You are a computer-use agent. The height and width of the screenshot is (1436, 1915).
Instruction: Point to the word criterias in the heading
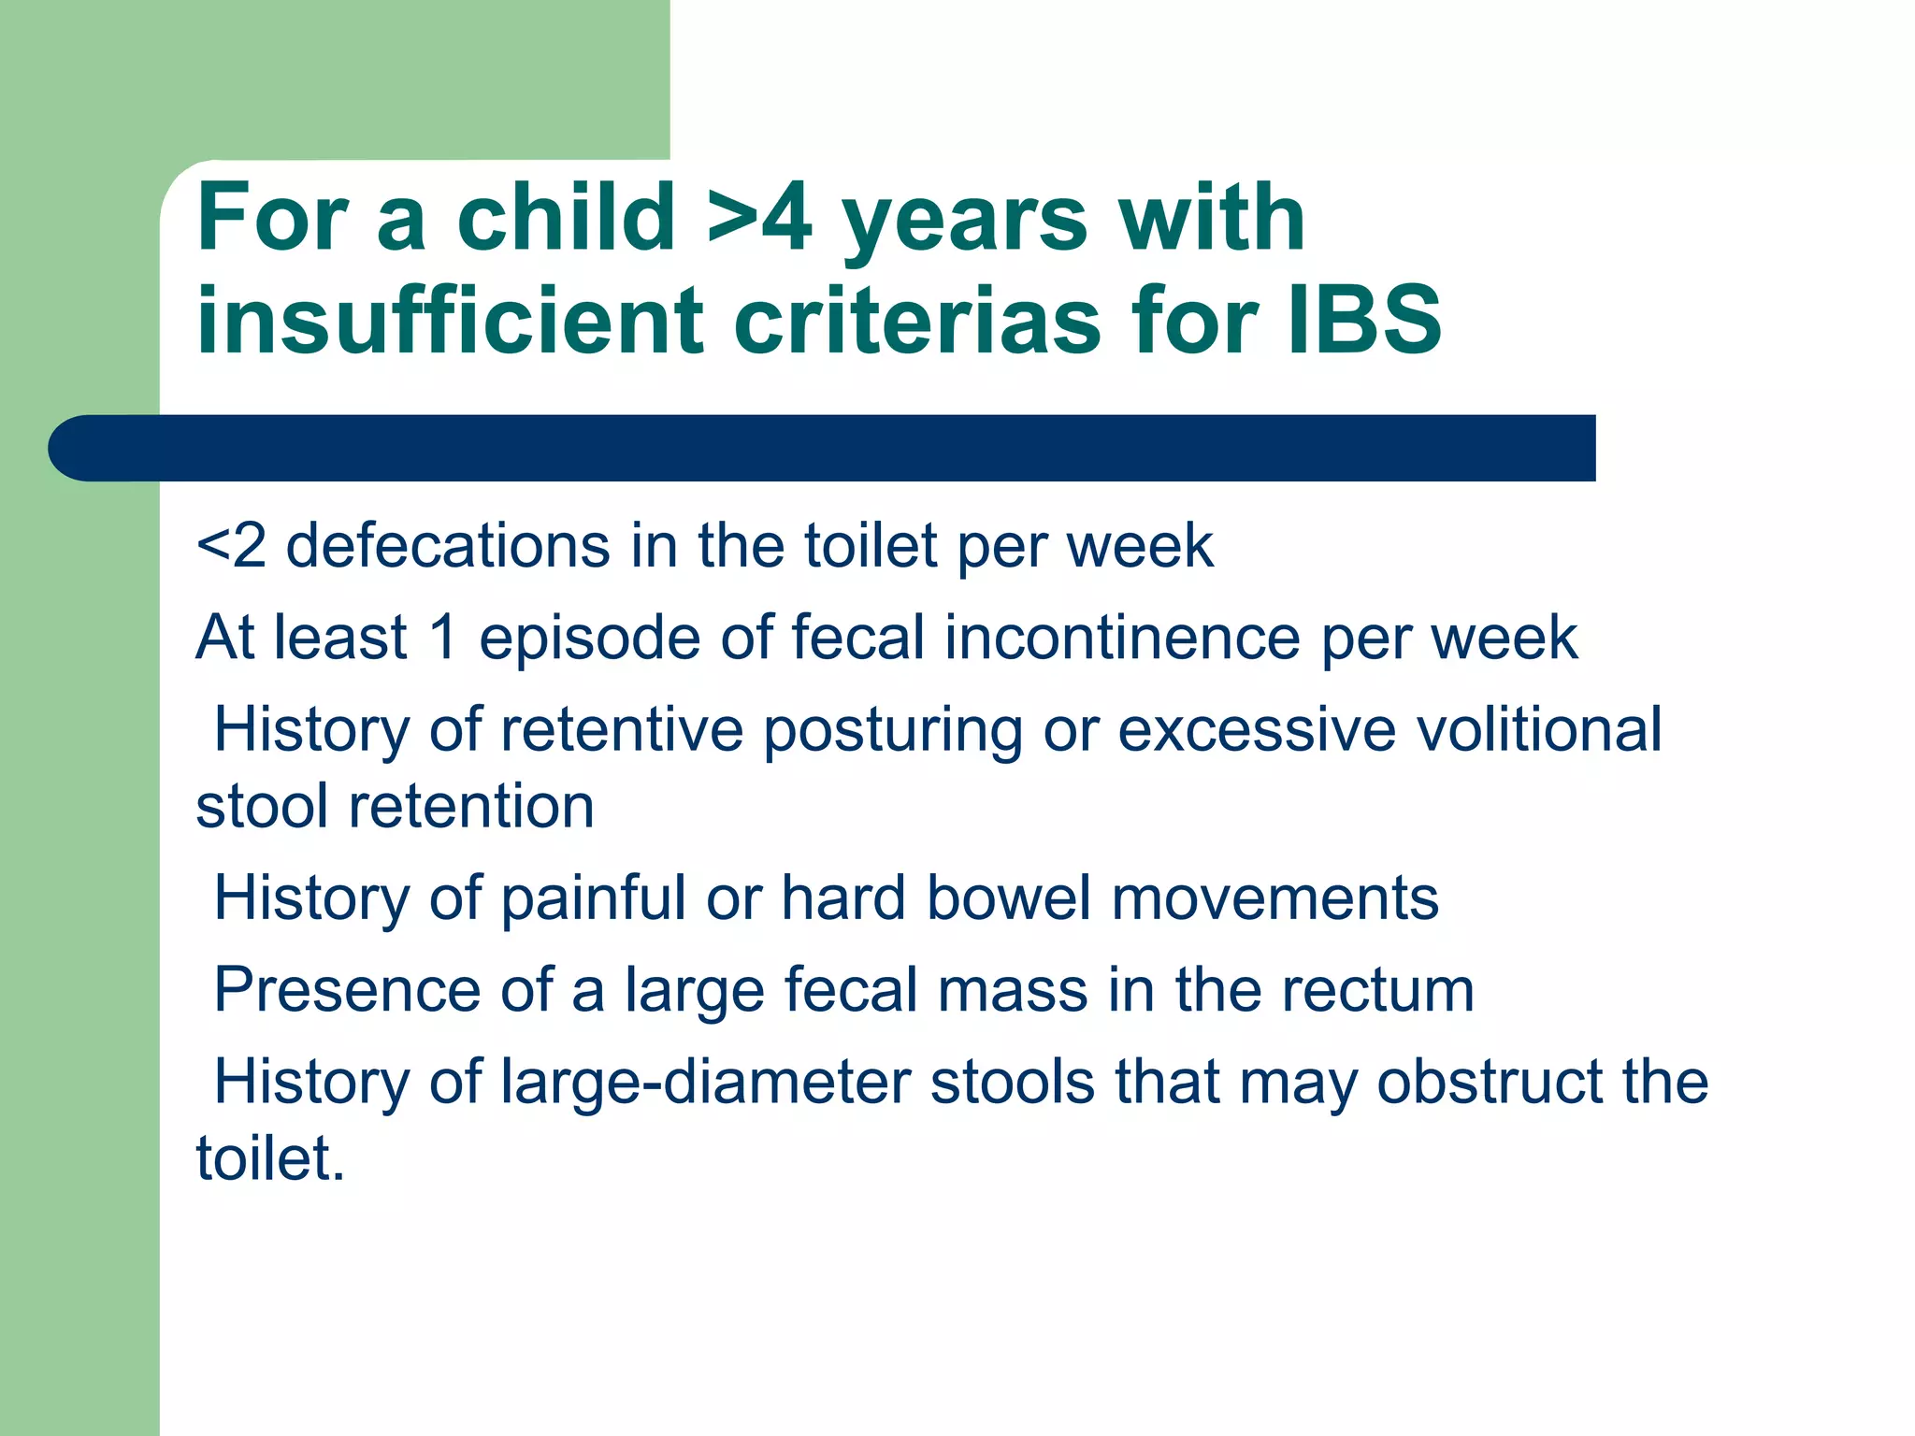click(917, 321)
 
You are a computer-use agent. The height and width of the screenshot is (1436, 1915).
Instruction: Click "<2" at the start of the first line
click(231, 546)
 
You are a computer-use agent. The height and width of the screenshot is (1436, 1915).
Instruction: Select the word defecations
click(448, 546)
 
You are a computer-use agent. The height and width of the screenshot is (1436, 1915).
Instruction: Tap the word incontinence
click(1122, 638)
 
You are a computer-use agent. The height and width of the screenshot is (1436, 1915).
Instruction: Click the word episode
click(589, 638)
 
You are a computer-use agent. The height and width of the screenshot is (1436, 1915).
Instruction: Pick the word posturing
click(893, 730)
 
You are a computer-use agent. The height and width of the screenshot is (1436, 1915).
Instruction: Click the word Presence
click(347, 989)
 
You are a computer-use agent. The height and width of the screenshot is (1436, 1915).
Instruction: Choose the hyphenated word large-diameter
click(705, 1082)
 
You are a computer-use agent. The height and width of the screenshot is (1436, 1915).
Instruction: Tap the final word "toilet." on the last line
click(270, 1158)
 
